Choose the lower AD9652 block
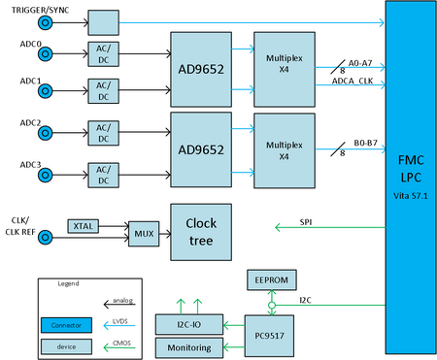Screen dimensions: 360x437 click(202, 150)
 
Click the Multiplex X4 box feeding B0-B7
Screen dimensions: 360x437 click(282, 150)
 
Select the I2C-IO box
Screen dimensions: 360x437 click(189, 321)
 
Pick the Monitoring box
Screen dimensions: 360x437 click(189, 345)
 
